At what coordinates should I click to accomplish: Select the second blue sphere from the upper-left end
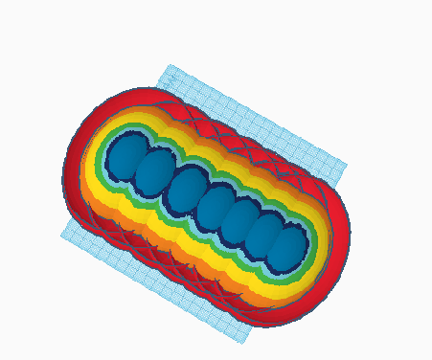pos(153,173)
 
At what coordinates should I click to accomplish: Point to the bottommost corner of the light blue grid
pos(244,343)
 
